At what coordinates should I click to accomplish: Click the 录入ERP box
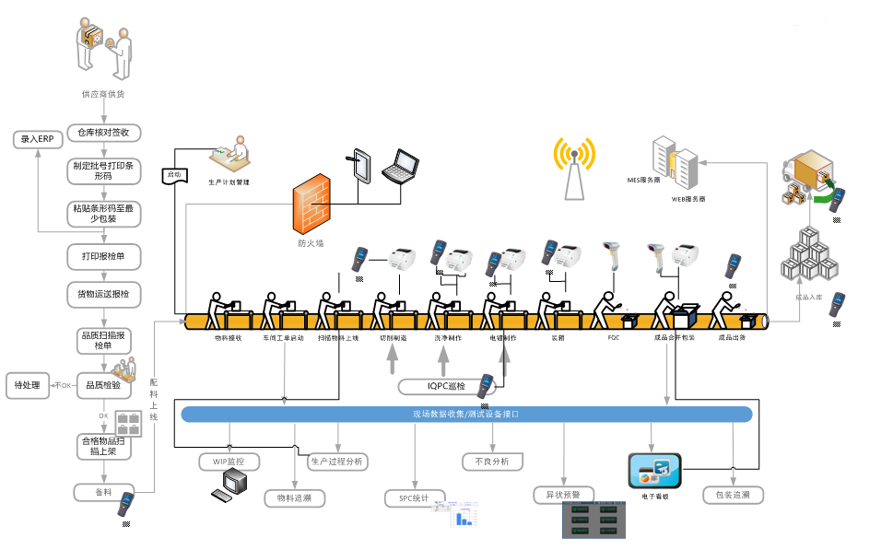pyautogui.click(x=38, y=139)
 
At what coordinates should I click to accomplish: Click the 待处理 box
pyautogui.click(x=28, y=384)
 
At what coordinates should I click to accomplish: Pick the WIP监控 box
pyautogui.click(x=229, y=461)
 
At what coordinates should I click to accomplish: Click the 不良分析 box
pyautogui.click(x=492, y=461)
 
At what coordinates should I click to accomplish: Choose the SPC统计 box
pyautogui.click(x=415, y=498)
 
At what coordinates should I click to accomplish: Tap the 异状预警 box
pyautogui.click(x=563, y=495)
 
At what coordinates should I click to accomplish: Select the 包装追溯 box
pyautogui.click(x=733, y=495)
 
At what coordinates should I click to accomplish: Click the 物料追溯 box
pyautogui.click(x=294, y=498)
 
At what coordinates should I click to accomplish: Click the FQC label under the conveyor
pyautogui.click(x=614, y=337)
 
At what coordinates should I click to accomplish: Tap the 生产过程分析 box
pyautogui.click(x=336, y=461)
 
